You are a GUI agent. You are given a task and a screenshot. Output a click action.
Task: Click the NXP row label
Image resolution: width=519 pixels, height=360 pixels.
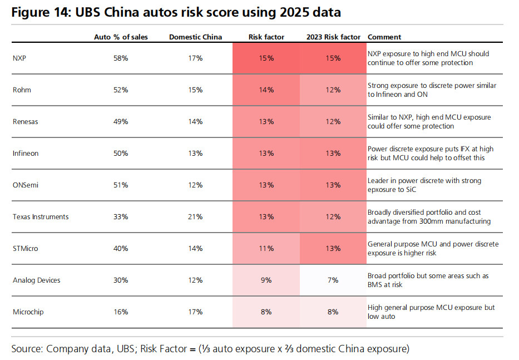[19, 58]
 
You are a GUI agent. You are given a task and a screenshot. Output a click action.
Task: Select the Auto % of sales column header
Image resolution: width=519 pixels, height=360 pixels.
[121, 37]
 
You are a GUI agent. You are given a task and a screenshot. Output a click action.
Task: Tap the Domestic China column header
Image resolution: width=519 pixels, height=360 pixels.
[195, 37]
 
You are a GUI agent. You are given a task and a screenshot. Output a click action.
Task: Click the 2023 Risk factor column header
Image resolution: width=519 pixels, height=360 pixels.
[333, 37]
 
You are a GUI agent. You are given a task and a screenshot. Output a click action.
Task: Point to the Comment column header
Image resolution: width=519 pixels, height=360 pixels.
[384, 37]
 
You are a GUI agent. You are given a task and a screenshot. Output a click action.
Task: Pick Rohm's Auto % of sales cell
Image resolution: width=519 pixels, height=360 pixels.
[121, 90]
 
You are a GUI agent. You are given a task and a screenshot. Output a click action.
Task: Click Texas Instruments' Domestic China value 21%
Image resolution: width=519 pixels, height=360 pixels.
[195, 217]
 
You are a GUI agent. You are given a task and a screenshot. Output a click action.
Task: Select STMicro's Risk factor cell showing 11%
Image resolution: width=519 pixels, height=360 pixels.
[266, 248]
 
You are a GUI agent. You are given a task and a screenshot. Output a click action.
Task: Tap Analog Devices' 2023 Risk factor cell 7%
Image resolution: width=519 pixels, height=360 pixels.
[333, 280]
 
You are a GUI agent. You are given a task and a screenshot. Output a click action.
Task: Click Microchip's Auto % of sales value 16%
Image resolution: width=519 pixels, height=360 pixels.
[121, 312]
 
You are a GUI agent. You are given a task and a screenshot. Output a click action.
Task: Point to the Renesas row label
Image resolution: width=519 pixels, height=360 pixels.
[25, 122]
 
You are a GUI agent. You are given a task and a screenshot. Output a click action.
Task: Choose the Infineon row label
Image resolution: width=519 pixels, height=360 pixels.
[26, 154]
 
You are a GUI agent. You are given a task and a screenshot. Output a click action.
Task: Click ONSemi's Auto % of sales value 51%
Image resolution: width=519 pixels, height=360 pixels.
[121, 185]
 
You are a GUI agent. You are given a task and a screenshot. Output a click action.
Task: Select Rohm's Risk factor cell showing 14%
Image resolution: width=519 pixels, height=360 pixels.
[266, 90]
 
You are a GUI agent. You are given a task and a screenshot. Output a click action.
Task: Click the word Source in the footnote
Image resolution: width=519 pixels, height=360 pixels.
[27, 349]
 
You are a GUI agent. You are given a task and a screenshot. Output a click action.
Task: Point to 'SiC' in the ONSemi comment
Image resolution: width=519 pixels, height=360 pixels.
[411, 190]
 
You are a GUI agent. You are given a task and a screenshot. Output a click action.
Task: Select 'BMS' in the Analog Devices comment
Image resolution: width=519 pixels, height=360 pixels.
[375, 285]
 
